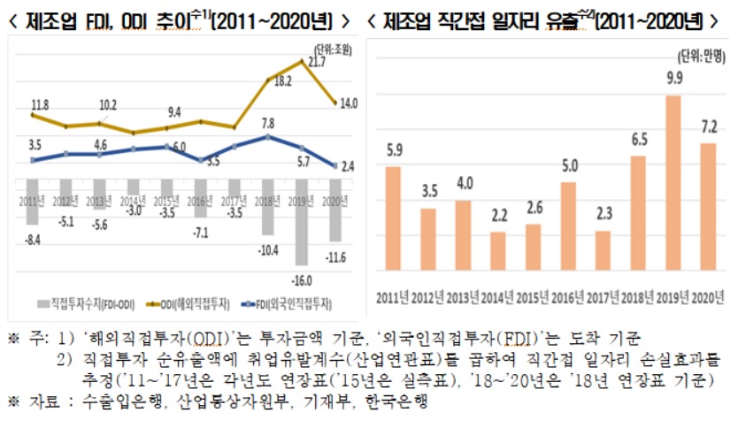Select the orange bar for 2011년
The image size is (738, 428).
point(393,218)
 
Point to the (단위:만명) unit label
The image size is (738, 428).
point(702,56)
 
